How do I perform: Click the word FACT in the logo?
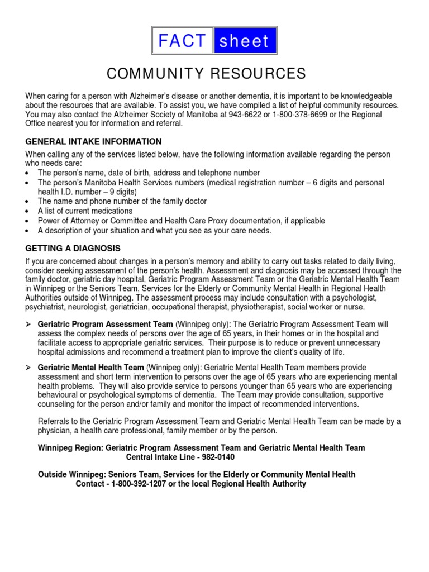pos(183,41)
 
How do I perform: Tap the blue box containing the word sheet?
pos(245,41)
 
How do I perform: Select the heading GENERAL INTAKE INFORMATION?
pos(93,141)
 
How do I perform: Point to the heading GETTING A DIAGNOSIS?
pos(73,248)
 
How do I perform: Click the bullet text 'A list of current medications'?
pos(85,211)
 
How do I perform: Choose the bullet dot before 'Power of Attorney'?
pos(28,221)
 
